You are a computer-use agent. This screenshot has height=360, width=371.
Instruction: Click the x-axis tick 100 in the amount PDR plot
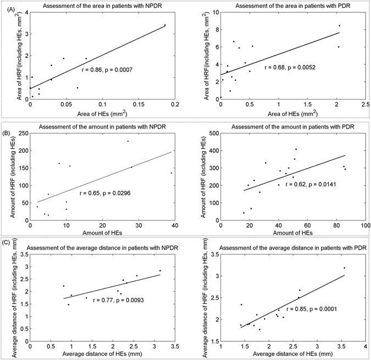pos(364,225)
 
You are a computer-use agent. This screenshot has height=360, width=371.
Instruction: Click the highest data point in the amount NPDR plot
pos(128,141)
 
